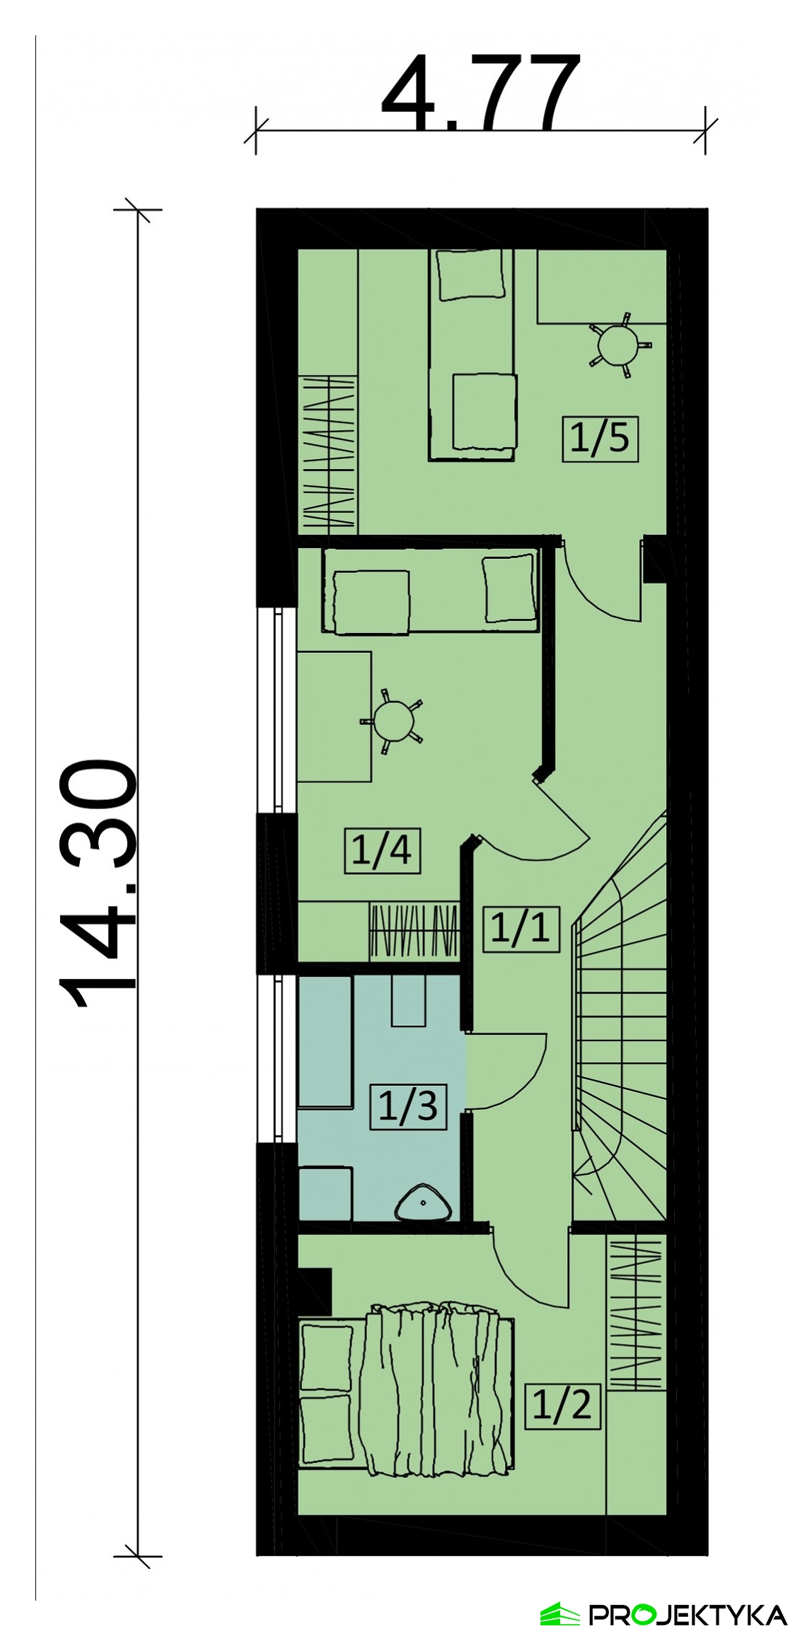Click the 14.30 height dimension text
pos(98,884)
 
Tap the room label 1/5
pos(600,439)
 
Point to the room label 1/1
pos(520,927)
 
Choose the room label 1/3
pos(409,1106)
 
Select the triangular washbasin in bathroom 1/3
pos(423,1203)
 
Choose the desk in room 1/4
pos(335,717)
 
